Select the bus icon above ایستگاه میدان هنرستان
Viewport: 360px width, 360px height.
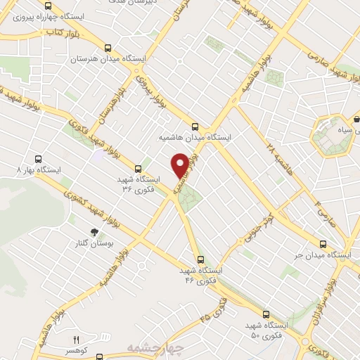coord(107,48)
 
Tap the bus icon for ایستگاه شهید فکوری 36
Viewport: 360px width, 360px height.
coord(138,169)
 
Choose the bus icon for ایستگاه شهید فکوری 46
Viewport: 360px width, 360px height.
coord(202,259)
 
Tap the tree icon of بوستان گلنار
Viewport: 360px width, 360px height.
coord(94,232)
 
